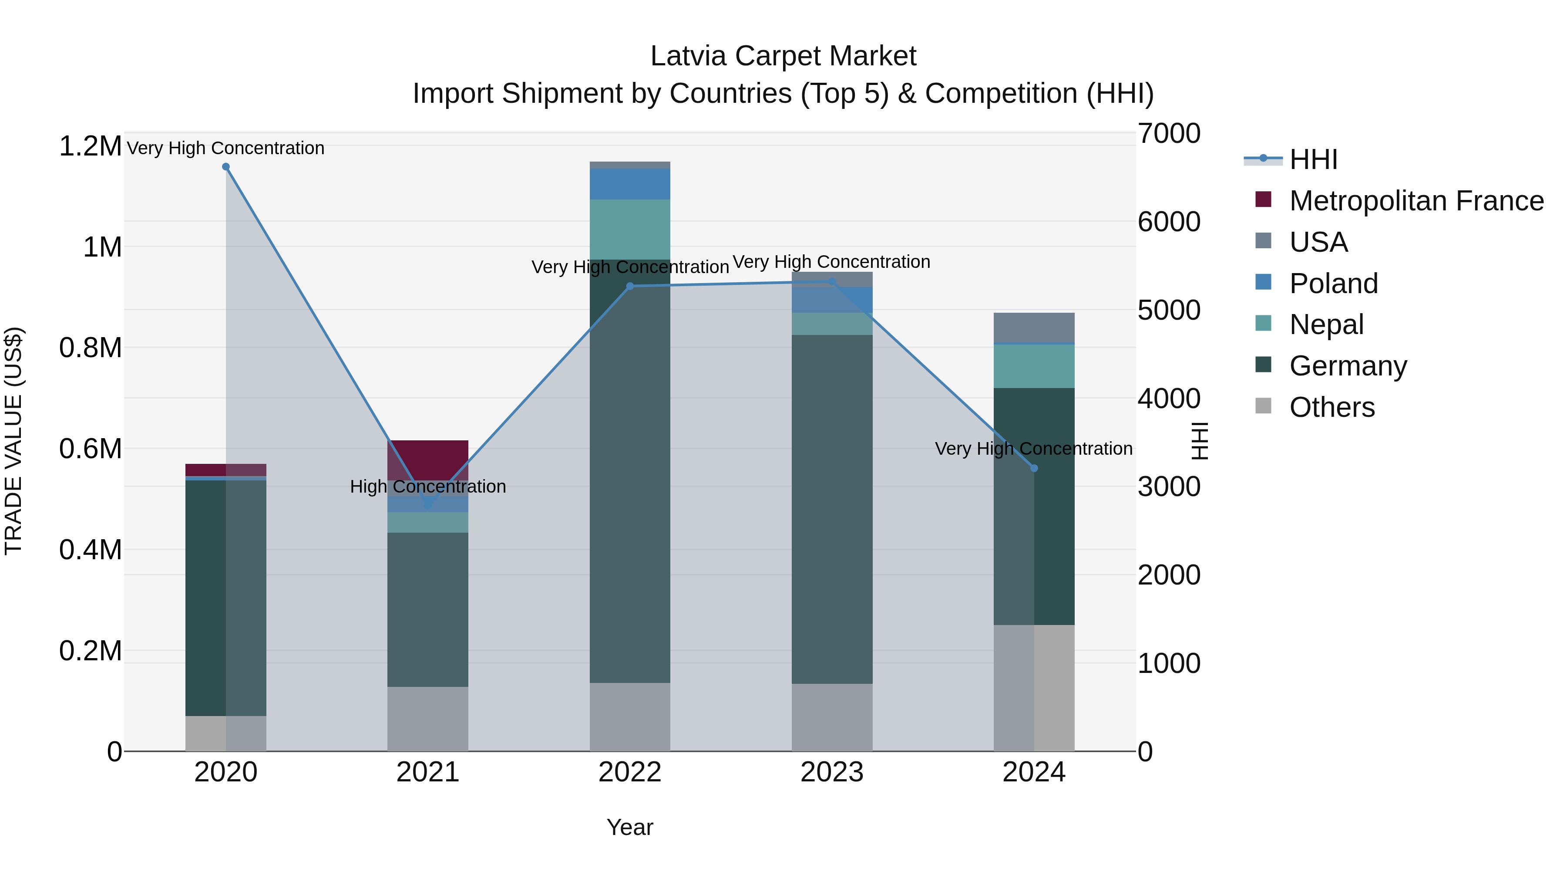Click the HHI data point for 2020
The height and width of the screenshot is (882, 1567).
click(225, 167)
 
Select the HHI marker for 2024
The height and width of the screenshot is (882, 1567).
click(1034, 468)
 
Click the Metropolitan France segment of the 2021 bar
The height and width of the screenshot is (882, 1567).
click(427, 460)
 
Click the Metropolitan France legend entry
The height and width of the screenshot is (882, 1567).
click(1416, 201)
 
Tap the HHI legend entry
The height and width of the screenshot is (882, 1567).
click(1313, 159)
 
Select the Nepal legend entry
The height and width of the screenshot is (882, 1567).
click(1326, 324)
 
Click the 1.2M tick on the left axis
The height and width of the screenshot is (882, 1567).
click(90, 147)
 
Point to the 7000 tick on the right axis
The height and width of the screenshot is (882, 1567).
click(1169, 133)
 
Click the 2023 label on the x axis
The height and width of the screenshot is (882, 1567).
click(831, 772)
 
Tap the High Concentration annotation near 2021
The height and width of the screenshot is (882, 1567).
click(427, 487)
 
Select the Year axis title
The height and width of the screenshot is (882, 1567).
click(629, 827)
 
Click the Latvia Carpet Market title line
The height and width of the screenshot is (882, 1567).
click(783, 56)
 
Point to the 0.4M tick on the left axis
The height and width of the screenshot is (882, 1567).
click(90, 550)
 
